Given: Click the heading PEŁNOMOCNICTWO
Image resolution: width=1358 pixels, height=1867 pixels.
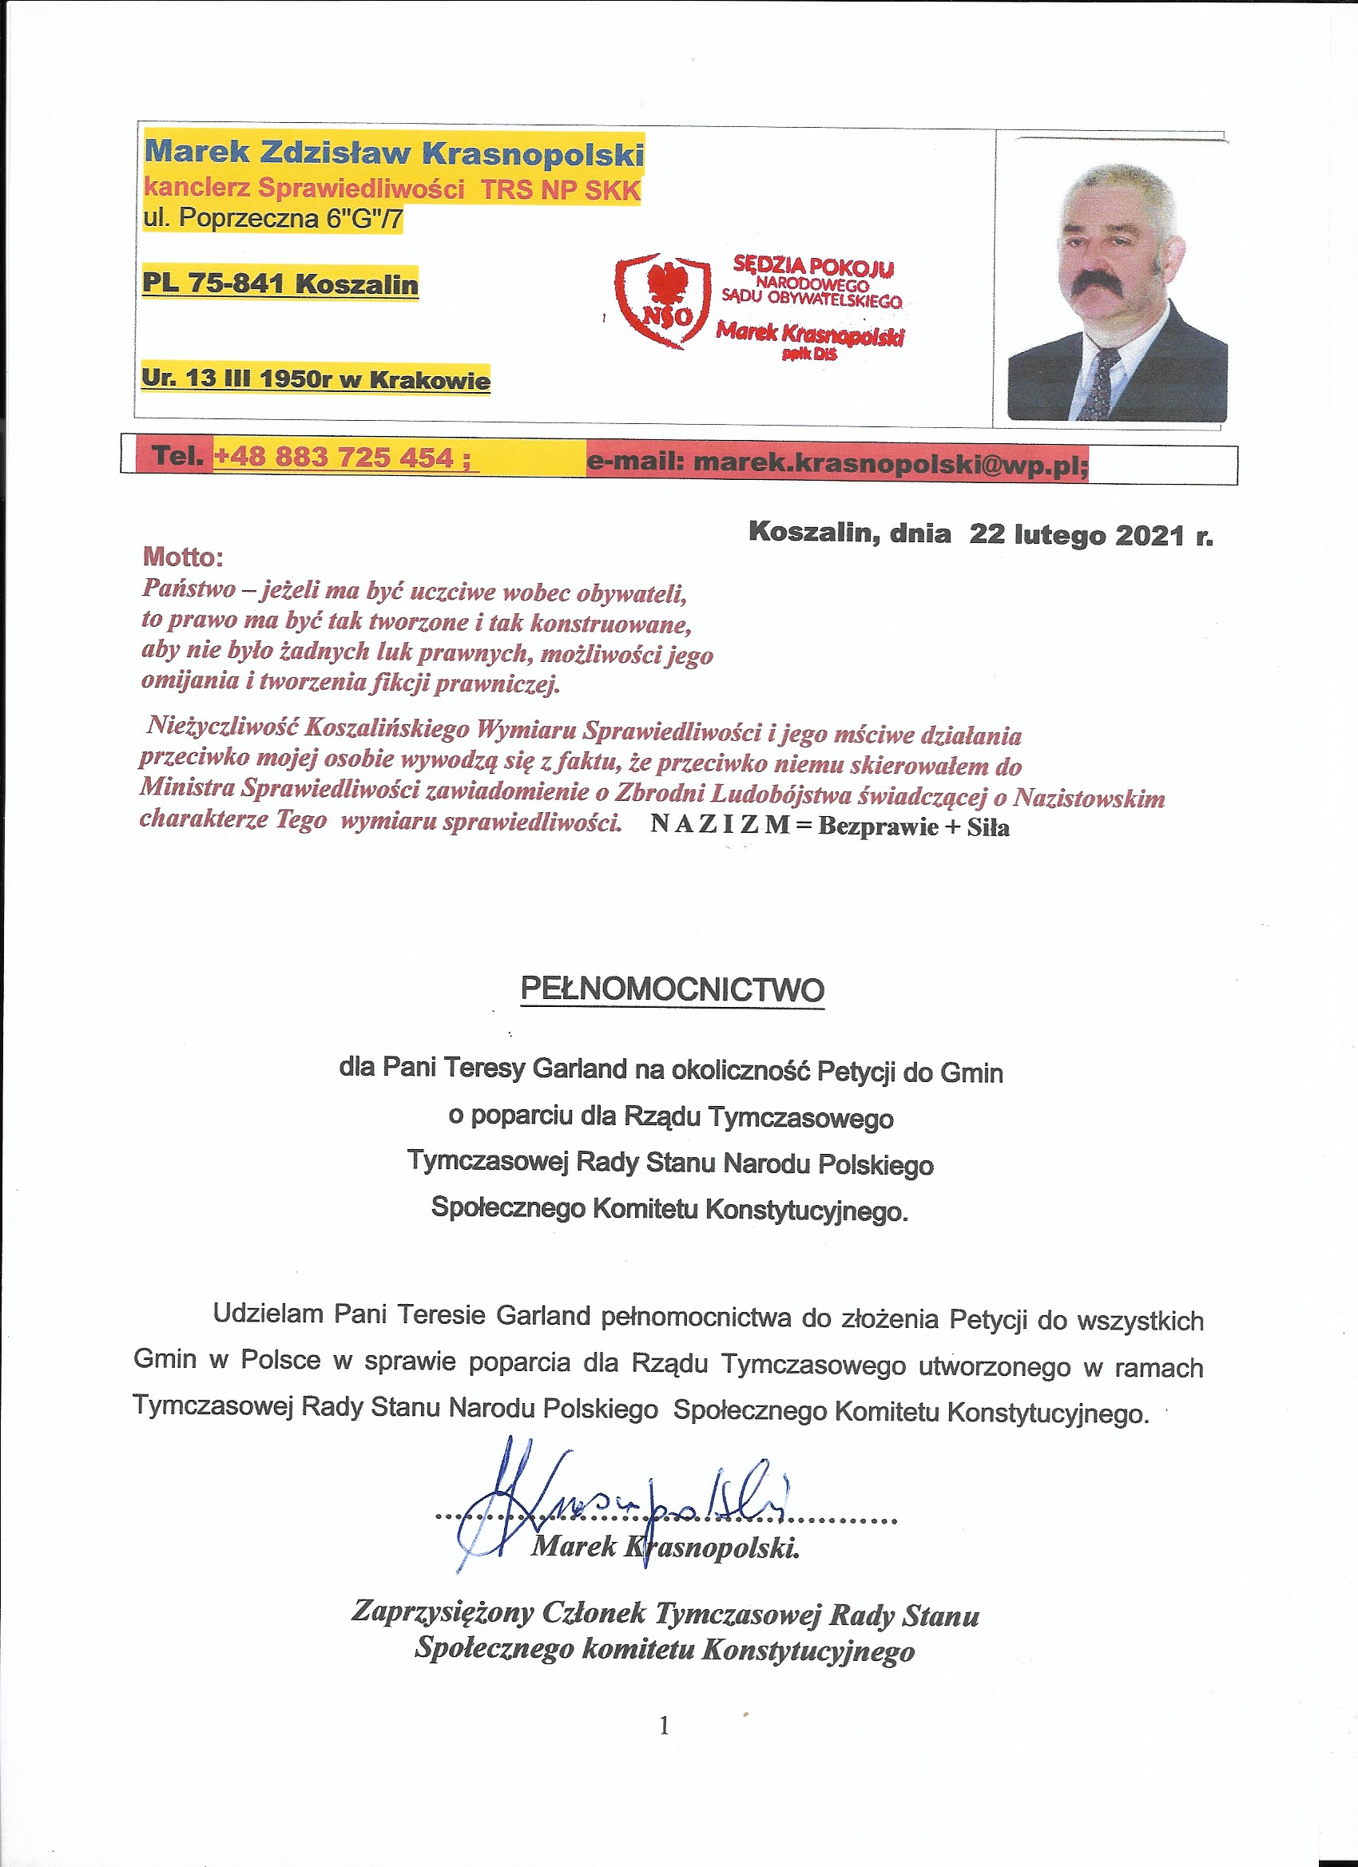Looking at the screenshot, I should coord(672,989).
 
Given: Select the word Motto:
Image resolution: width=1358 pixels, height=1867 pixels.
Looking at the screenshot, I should coord(183,557).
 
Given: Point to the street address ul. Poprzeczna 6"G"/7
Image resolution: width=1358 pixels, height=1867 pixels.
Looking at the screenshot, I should coord(272,219).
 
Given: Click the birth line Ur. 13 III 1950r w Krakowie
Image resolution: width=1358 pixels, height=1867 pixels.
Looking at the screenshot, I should coord(316,379).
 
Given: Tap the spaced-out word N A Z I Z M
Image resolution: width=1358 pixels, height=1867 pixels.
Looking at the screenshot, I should coord(720,824).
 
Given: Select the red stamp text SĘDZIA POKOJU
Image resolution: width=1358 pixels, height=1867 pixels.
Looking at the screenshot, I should coord(813,265).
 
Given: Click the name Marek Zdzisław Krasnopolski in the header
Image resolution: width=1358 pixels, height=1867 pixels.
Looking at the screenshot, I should coord(394,153).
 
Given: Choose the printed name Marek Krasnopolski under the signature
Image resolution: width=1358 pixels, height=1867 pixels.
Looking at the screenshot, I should coord(665,1547).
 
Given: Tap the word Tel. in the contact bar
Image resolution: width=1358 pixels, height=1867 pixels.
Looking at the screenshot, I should coord(178,455).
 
